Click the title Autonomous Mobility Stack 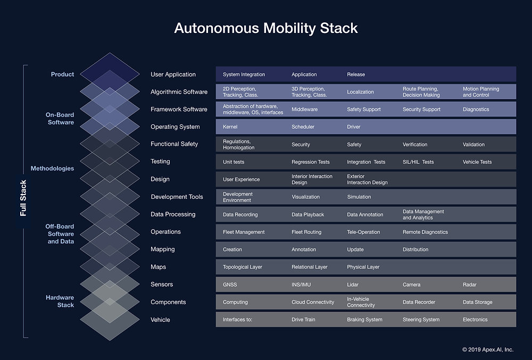(266, 28)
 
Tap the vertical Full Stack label (23, 198)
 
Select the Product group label (62, 74)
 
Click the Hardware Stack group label (60, 302)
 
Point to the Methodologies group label (52, 169)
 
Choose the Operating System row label (175, 127)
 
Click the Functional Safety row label (174, 144)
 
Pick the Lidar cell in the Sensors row (353, 285)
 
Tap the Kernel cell (230, 127)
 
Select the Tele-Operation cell (363, 232)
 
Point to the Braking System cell (364, 320)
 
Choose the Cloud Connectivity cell (313, 302)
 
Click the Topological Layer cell (242, 267)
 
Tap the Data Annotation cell (365, 215)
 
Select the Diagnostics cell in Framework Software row (476, 110)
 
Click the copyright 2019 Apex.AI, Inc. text (487, 349)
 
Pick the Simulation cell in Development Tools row (359, 197)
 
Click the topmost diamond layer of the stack (110, 69)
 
